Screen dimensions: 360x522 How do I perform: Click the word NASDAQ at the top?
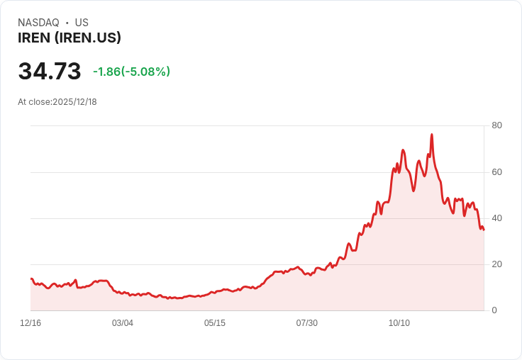(x=38, y=23)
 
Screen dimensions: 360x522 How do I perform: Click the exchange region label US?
(x=82, y=23)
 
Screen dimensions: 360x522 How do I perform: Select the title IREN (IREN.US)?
(x=70, y=38)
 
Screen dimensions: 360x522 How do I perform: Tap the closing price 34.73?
(x=50, y=72)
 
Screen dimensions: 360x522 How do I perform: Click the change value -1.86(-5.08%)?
(x=131, y=72)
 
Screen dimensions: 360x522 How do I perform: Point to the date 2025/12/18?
(x=74, y=102)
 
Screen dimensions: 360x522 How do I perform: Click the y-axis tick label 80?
(x=497, y=125)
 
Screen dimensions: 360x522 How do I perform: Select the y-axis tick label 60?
(x=497, y=171)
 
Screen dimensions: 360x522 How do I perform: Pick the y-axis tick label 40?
(x=497, y=218)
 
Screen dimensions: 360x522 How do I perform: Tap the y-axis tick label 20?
(x=497, y=264)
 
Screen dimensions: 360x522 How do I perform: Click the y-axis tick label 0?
(x=494, y=310)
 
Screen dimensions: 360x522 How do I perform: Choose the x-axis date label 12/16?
(x=30, y=323)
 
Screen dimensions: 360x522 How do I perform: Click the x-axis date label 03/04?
(x=123, y=323)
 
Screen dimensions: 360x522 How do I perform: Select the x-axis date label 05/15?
(x=215, y=323)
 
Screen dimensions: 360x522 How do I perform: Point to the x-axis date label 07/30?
(x=307, y=323)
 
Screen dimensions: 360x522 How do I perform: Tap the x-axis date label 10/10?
(x=399, y=323)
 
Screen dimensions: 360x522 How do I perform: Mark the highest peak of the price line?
(x=431, y=135)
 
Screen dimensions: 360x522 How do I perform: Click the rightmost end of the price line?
(x=484, y=230)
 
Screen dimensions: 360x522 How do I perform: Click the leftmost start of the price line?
(x=31, y=279)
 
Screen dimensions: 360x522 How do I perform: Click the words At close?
(x=34, y=102)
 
